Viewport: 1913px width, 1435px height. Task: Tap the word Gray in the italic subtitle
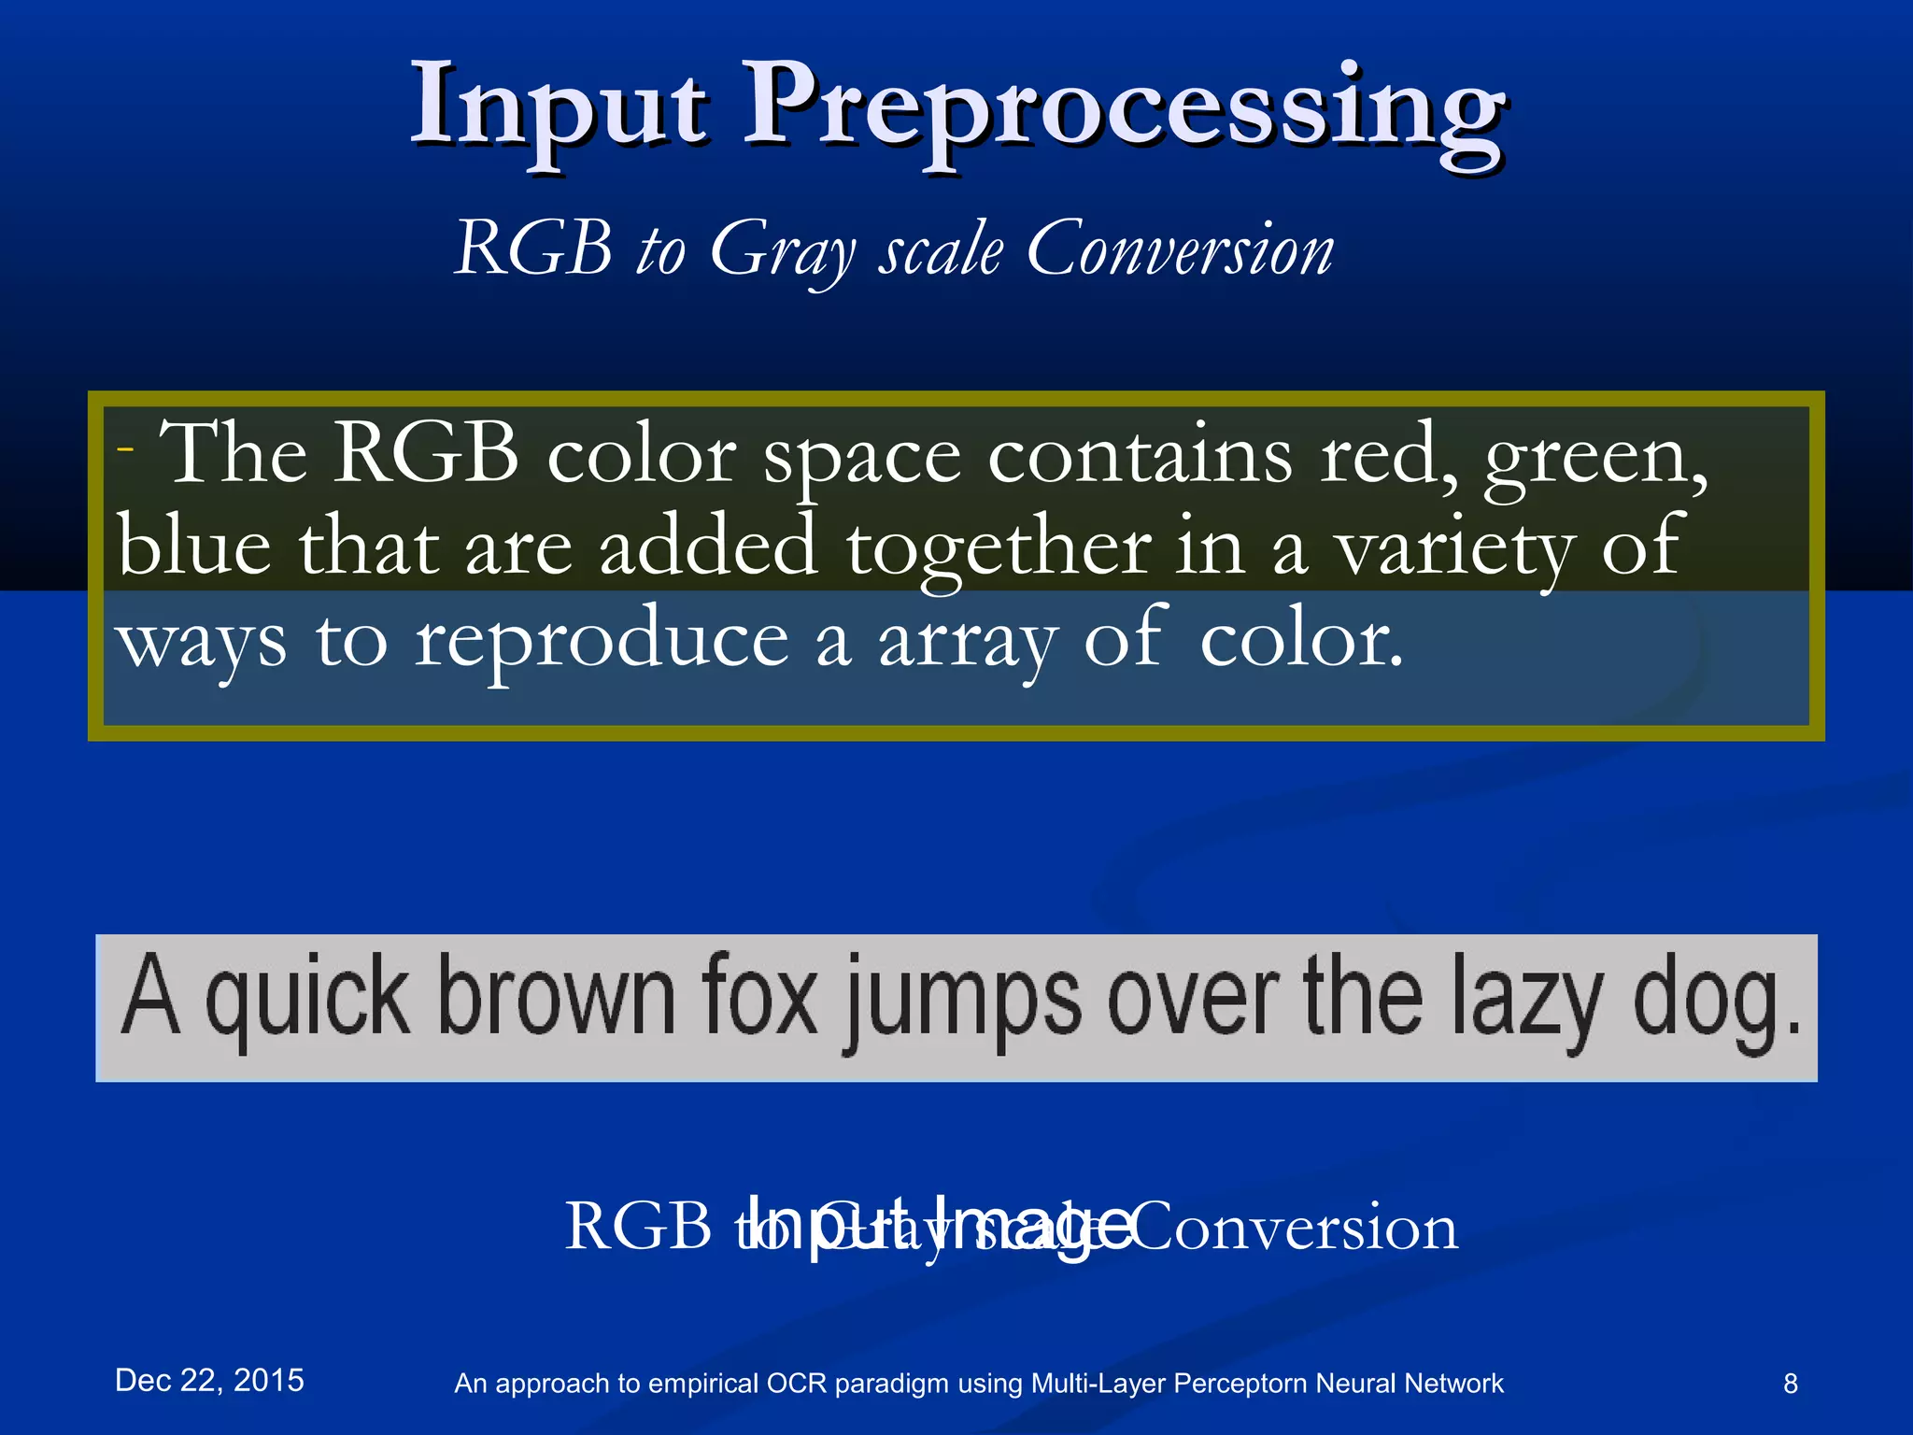tap(781, 250)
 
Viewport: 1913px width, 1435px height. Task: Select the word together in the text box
tap(998, 549)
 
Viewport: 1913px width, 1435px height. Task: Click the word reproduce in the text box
tap(602, 644)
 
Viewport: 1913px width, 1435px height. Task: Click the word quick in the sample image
tap(307, 998)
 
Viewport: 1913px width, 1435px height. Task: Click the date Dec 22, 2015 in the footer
tap(209, 1381)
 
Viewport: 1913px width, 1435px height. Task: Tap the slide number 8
tap(1790, 1384)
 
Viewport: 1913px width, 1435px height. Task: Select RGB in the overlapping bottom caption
tap(638, 1226)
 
